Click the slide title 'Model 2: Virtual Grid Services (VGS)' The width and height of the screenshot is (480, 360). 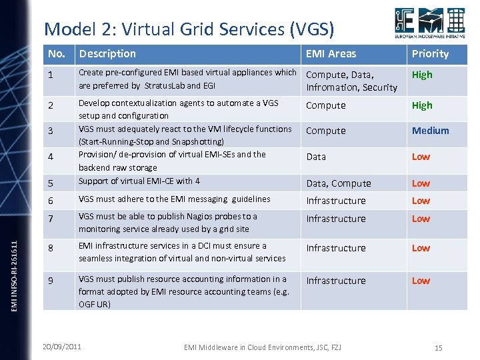pyautogui.click(x=189, y=29)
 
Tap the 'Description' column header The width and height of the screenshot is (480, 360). pyautogui.click(x=107, y=54)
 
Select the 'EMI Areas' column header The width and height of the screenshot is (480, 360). pyautogui.click(x=331, y=54)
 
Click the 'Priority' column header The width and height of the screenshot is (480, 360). pyautogui.click(x=430, y=54)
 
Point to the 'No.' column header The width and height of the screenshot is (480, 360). pyautogui.click(x=57, y=54)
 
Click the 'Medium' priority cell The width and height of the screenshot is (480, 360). pyautogui.click(x=430, y=131)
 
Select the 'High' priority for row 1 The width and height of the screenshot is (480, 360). pyautogui.click(x=422, y=75)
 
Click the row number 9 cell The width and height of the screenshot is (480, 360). pyautogui.click(x=52, y=281)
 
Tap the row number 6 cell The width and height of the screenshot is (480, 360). pyautogui.click(x=52, y=201)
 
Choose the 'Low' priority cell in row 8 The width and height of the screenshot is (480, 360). pyautogui.click(x=421, y=248)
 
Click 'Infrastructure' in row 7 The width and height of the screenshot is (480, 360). pyautogui.click(x=336, y=219)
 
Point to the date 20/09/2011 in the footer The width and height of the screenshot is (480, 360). pyautogui.click(x=62, y=347)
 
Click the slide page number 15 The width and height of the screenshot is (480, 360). pyautogui.click(x=438, y=348)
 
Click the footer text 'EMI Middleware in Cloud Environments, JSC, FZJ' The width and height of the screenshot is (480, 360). pyautogui.click(x=261, y=347)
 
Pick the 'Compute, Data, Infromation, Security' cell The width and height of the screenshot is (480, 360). pyautogui.click(x=351, y=81)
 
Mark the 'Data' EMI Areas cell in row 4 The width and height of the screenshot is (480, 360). pyautogui.click(x=316, y=157)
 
